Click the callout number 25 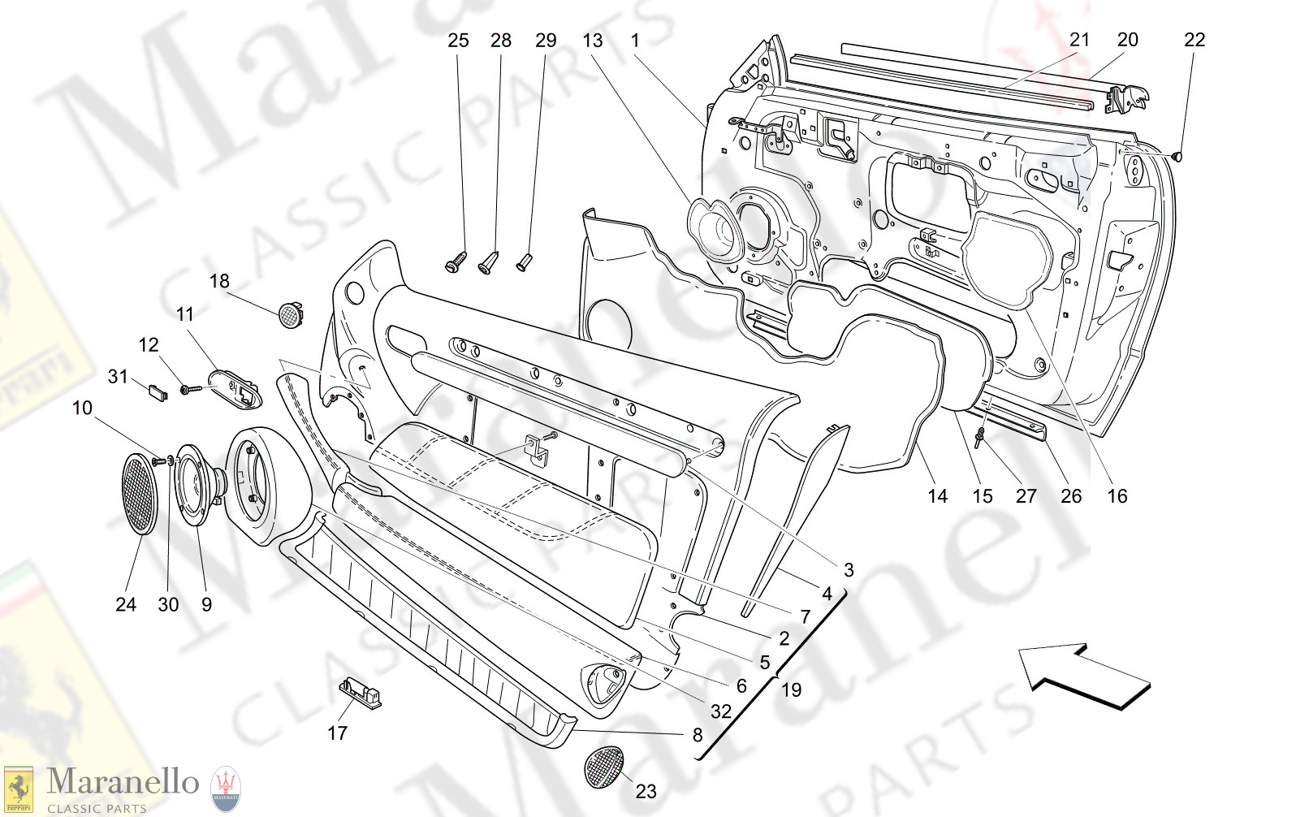[458, 41]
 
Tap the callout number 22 [1194, 40]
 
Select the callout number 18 [219, 281]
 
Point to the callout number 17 [337, 733]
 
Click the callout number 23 [646, 791]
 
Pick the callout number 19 [791, 690]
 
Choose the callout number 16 [1117, 496]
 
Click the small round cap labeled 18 [290, 313]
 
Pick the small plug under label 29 [524, 262]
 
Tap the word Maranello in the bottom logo [123, 782]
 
